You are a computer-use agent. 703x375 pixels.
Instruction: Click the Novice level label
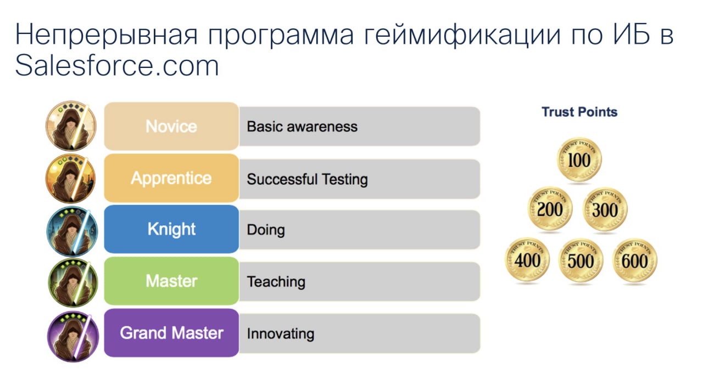171,126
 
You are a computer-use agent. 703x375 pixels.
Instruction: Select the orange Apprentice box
171,178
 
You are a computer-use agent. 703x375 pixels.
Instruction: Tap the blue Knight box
171,229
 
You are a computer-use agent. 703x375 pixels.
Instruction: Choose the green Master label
171,281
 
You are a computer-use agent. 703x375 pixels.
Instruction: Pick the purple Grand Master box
171,333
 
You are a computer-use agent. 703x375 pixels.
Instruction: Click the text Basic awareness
302,127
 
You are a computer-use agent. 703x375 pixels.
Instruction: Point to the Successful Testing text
307,179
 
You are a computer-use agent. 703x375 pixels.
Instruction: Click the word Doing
266,230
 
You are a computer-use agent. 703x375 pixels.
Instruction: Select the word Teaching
276,282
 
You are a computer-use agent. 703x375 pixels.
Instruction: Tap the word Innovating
280,334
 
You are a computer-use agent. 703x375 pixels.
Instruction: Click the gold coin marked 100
579,160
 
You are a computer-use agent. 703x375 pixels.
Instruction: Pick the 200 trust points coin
550,209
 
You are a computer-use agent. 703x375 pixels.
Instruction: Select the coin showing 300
605,209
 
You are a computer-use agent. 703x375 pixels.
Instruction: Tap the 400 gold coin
527,260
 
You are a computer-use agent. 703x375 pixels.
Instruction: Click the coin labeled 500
581,260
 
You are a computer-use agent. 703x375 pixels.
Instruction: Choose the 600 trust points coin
634,260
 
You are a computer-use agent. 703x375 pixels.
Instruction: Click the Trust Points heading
579,112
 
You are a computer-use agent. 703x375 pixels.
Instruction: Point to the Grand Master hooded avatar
73,337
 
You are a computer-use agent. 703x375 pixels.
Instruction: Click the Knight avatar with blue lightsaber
72,231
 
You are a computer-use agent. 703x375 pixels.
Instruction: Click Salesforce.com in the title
117,66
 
